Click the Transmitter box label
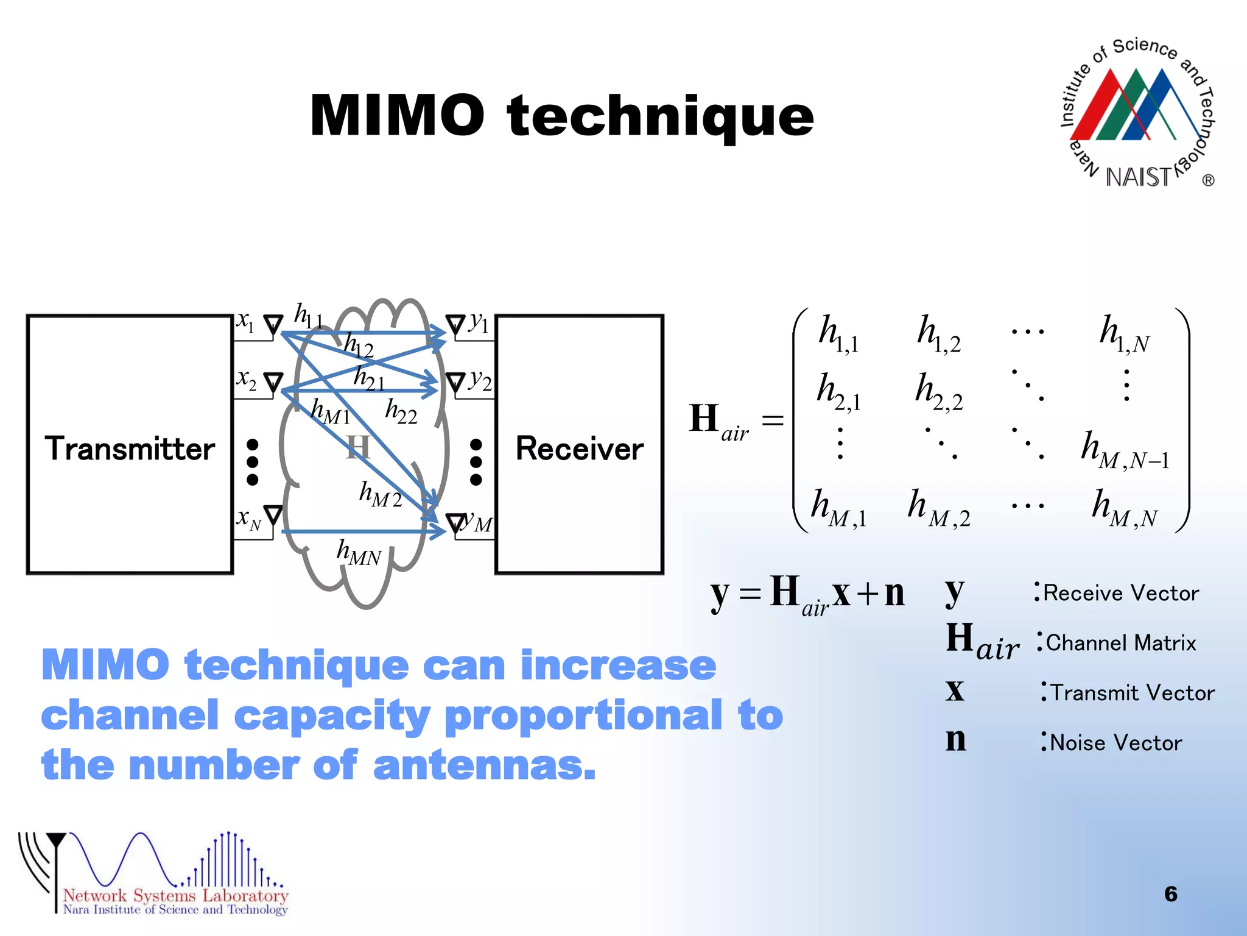(x=130, y=449)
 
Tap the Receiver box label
(x=579, y=449)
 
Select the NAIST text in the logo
(x=1137, y=177)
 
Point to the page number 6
(x=1170, y=894)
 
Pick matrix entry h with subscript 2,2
(x=938, y=392)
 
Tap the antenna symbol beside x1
(x=273, y=325)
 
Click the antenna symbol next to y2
(x=455, y=383)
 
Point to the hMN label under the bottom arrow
(x=359, y=553)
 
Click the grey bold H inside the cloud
(x=357, y=447)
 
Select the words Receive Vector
(x=1120, y=593)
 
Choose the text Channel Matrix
(x=1120, y=643)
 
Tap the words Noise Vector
(x=1115, y=743)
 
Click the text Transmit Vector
(x=1132, y=693)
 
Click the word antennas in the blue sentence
(x=484, y=765)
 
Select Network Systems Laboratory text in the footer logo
(x=175, y=895)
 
